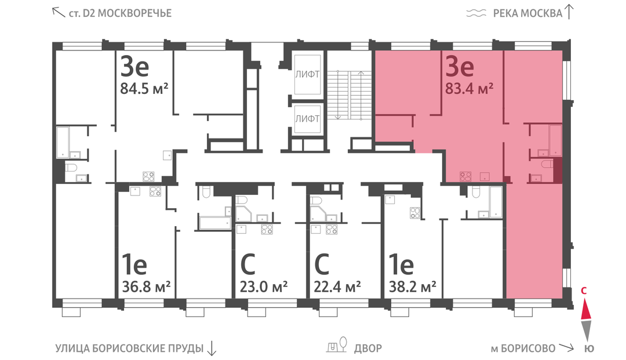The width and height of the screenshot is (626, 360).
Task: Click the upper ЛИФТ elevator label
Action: [307, 74]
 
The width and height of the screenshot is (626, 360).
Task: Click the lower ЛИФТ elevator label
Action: [307, 118]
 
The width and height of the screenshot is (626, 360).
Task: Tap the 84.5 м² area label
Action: [144, 88]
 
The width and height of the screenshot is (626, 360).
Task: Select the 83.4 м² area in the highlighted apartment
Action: [469, 88]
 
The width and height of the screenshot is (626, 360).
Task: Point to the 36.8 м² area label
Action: [146, 286]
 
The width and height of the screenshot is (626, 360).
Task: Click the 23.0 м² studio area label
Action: [264, 286]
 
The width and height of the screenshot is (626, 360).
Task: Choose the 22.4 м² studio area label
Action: [337, 286]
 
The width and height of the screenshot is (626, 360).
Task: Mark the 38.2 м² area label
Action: [413, 286]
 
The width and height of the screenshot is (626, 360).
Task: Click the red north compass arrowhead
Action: [585, 310]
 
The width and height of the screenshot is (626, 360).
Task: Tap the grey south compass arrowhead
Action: [585, 330]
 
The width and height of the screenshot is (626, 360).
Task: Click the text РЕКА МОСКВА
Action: [528, 13]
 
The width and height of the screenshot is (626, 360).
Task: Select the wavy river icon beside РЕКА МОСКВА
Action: [476, 13]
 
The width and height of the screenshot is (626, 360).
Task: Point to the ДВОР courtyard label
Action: [367, 348]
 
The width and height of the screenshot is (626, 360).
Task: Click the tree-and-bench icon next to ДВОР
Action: [337, 346]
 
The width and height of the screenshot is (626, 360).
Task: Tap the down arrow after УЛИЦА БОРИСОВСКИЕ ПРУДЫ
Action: [212, 348]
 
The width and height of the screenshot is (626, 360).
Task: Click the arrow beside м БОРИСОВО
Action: [566, 348]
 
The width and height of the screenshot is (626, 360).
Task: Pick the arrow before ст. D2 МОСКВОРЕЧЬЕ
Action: [59, 12]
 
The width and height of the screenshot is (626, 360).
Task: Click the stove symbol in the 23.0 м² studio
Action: [267, 230]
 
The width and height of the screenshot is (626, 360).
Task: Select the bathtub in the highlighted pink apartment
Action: [555, 140]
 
